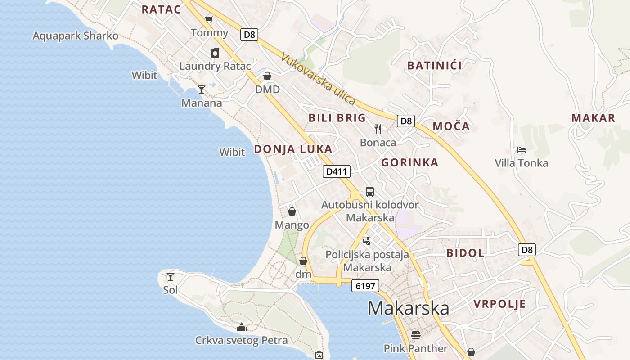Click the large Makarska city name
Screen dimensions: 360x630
(x=408, y=308)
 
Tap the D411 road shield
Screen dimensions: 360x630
(x=336, y=171)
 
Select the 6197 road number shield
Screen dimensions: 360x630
(x=365, y=286)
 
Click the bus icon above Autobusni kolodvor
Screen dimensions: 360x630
(x=369, y=192)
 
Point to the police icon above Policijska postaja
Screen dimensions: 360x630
(x=367, y=241)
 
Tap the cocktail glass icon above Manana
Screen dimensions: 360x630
(x=202, y=90)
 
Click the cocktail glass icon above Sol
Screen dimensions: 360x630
(x=171, y=276)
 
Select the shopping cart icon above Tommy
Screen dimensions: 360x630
(x=209, y=19)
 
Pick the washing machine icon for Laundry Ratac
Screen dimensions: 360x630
(x=215, y=53)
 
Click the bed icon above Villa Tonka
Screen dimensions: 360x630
(x=521, y=149)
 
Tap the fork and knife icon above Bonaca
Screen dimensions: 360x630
(x=378, y=129)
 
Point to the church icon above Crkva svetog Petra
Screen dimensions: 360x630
(x=242, y=327)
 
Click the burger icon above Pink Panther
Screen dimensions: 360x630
(x=415, y=335)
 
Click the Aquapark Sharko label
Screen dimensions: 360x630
(x=76, y=36)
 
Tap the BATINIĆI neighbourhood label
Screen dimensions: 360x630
(x=434, y=66)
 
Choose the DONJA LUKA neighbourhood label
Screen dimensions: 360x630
(x=293, y=149)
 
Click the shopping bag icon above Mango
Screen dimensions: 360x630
(x=292, y=211)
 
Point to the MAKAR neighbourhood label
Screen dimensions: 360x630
(x=593, y=118)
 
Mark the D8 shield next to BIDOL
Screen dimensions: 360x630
(x=526, y=250)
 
